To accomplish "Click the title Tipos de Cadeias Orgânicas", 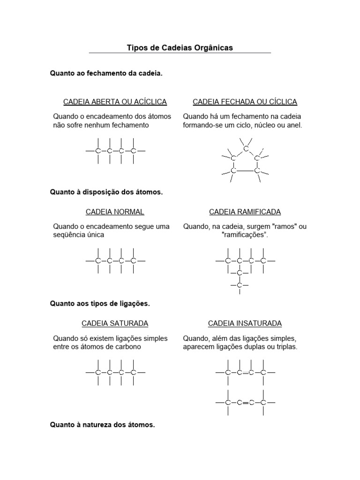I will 180,48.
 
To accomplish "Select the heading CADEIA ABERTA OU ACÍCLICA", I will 115,102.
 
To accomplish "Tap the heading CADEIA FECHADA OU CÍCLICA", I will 245,102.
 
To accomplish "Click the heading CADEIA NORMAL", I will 115,212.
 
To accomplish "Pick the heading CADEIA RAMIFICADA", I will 245,212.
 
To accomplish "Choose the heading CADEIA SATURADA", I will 115,323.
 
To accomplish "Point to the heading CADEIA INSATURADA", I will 245,323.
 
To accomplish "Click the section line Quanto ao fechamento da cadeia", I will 106,74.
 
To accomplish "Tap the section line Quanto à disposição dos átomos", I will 106,192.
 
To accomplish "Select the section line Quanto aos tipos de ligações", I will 100,303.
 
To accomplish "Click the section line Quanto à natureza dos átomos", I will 102,425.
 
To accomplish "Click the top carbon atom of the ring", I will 246,149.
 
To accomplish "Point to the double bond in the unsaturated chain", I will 245,373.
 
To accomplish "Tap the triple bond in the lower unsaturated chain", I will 245,402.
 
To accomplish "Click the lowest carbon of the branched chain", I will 240,285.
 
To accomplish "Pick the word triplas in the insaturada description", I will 285,347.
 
